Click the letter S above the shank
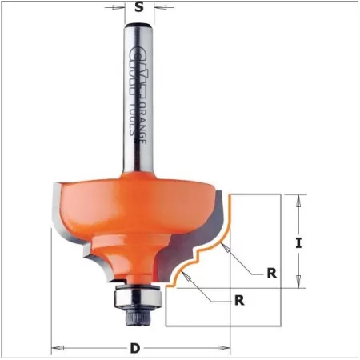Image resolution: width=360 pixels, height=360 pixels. pos(140,10)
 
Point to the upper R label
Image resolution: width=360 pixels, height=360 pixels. pos(272,272)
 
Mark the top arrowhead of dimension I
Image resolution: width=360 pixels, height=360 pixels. pos(298,199)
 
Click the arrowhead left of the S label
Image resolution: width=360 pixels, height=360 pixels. pos(121,10)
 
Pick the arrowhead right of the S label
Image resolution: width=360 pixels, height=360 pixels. pos(158,10)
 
